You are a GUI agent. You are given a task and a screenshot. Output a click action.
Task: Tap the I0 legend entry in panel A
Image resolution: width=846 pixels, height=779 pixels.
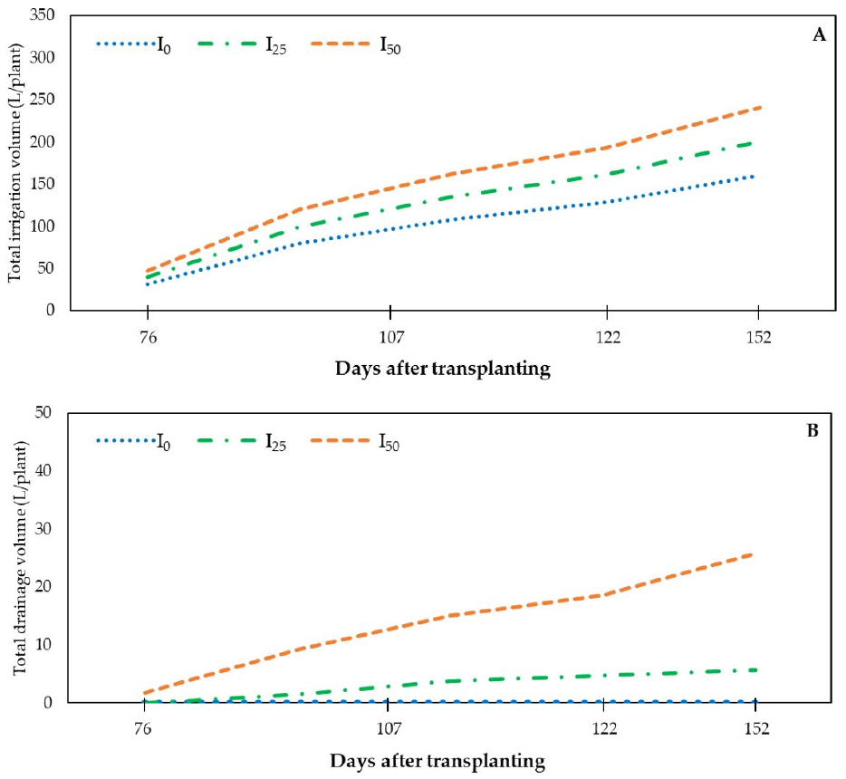pyautogui.click(x=133, y=44)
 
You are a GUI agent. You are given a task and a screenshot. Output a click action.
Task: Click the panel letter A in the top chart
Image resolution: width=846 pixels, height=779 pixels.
pyautogui.click(x=819, y=35)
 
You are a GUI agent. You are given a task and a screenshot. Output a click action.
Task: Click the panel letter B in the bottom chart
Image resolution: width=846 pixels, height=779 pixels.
pyautogui.click(x=812, y=431)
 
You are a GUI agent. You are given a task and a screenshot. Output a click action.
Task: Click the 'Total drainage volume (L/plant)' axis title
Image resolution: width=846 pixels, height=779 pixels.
pyautogui.click(x=17, y=558)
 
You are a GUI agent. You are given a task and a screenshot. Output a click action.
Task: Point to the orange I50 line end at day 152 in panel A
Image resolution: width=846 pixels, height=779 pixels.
pyautogui.click(x=759, y=108)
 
